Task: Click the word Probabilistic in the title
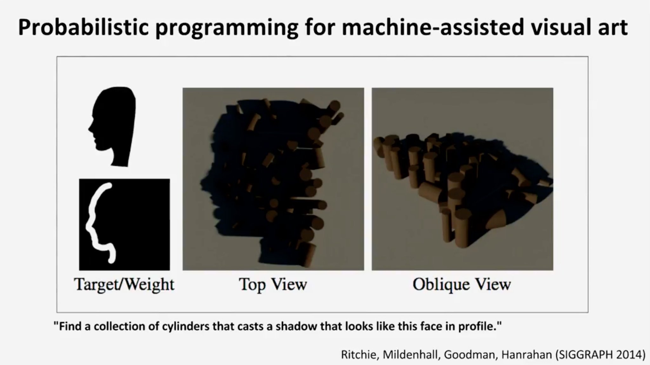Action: pyautogui.click(x=83, y=27)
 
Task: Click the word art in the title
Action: pyautogui.click(x=611, y=27)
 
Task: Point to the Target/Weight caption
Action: pyautogui.click(x=124, y=285)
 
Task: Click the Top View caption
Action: pyautogui.click(x=273, y=284)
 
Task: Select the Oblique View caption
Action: pyautogui.click(x=462, y=284)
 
